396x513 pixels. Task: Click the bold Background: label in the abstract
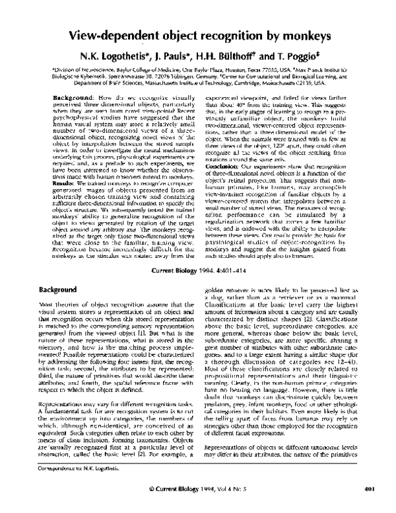click(x=71, y=97)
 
